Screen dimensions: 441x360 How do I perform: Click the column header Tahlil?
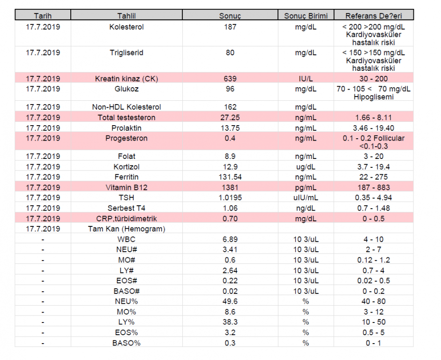click(x=126, y=16)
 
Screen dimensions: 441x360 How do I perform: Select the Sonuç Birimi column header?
click(x=306, y=16)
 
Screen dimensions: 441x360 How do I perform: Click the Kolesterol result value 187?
click(x=230, y=27)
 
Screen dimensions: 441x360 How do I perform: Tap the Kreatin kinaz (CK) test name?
click(x=126, y=79)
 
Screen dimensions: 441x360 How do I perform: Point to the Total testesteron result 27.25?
click(x=230, y=118)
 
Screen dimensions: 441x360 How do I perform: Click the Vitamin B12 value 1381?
click(x=230, y=187)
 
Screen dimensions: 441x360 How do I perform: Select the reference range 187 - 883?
click(x=374, y=187)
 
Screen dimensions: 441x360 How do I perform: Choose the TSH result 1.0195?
click(x=230, y=198)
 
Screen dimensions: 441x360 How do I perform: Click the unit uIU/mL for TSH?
click(x=306, y=198)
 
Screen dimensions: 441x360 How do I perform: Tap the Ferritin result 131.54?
click(x=230, y=177)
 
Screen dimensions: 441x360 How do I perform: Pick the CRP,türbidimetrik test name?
click(x=126, y=219)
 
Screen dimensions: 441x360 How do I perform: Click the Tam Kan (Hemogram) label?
click(x=126, y=229)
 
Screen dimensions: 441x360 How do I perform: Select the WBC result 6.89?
click(x=230, y=240)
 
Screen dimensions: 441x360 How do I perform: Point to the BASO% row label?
click(x=126, y=343)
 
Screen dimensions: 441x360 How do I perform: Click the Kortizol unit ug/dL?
click(x=306, y=167)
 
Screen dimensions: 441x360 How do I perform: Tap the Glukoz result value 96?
click(x=230, y=89)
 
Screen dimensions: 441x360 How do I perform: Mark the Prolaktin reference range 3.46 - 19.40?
click(x=374, y=128)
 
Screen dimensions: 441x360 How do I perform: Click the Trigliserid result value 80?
click(x=230, y=53)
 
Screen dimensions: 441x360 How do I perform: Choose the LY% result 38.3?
click(x=230, y=322)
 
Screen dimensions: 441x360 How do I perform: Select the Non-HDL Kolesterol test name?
click(x=126, y=107)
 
